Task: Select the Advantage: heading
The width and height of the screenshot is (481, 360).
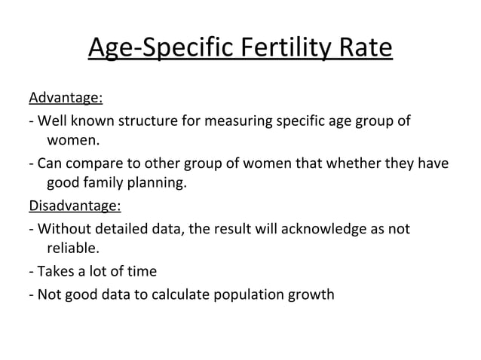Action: tap(66, 99)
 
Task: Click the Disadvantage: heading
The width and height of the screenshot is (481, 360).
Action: tap(75, 206)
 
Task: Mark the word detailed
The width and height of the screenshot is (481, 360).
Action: tap(121, 227)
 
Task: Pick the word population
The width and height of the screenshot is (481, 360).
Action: tap(246, 294)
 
